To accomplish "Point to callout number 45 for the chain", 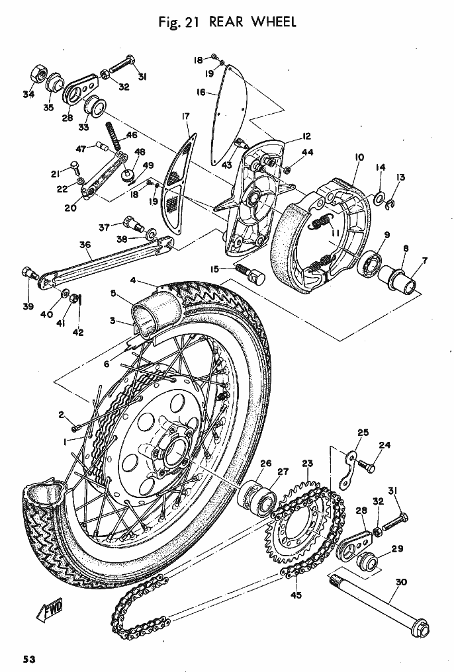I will click(x=296, y=595).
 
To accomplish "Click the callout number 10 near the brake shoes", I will click(x=359, y=157).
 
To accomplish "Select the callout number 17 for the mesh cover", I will click(x=185, y=116).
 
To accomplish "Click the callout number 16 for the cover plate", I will click(x=201, y=93).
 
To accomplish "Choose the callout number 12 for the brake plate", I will click(x=306, y=136).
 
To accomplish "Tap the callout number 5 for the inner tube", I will click(x=113, y=293).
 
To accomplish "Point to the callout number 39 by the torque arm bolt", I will click(x=28, y=306).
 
